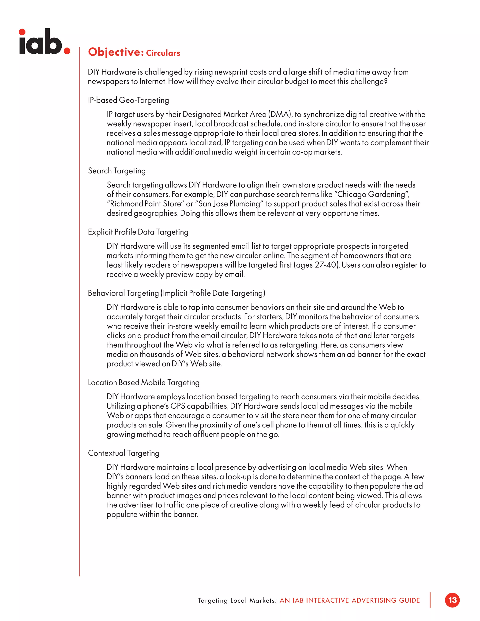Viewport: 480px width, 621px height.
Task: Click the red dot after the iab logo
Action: point(67,51)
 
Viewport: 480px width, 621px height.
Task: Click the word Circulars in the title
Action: point(163,53)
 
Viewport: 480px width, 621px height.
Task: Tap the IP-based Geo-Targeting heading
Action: point(128,100)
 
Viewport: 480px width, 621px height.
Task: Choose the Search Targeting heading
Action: point(116,171)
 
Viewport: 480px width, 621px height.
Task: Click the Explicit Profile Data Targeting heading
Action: point(138,232)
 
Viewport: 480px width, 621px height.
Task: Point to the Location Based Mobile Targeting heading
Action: point(144,382)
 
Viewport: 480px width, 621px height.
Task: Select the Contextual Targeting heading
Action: point(124,453)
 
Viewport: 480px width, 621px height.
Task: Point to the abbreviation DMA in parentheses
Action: point(280,114)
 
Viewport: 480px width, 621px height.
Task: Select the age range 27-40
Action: point(325,265)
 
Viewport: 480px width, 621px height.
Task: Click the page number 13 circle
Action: point(452,600)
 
